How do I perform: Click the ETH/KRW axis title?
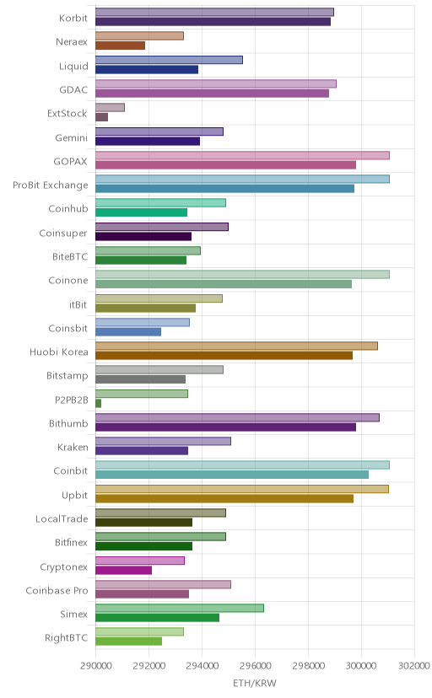(255, 683)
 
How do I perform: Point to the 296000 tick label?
(255, 665)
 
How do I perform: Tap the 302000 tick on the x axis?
(414, 665)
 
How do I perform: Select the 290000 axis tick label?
(95, 665)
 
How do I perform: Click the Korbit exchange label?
(73, 18)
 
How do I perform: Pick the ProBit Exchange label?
(51, 185)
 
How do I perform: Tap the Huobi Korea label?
(59, 352)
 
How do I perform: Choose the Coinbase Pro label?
(57, 591)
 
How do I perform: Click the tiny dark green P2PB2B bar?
(98, 403)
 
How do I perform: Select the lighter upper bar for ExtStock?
(110, 107)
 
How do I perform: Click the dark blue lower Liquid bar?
(147, 69)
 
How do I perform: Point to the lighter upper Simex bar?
(180, 608)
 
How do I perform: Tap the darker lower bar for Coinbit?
(232, 475)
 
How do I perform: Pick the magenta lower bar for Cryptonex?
(123, 570)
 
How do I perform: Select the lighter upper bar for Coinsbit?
(143, 322)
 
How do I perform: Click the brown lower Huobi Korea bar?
(224, 356)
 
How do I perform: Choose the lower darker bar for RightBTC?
(129, 642)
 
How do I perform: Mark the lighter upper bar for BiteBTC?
(148, 250)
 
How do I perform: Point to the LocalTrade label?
(62, 519)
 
